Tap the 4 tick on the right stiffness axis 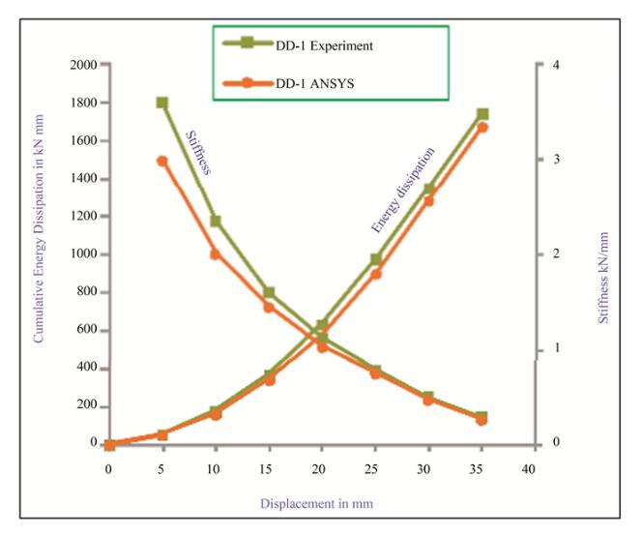(549, 65)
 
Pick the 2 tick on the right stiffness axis (549, 254)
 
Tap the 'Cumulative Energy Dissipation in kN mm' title (40, 254)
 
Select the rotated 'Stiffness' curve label (197, 152)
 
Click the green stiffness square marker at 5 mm (162, 103)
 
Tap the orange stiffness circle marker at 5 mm (162, 161)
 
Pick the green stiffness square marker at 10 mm (216, 221)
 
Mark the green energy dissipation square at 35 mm (482, 114)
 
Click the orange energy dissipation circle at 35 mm (482, 127)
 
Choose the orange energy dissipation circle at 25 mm (376, 274)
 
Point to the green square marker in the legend (247, 45)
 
